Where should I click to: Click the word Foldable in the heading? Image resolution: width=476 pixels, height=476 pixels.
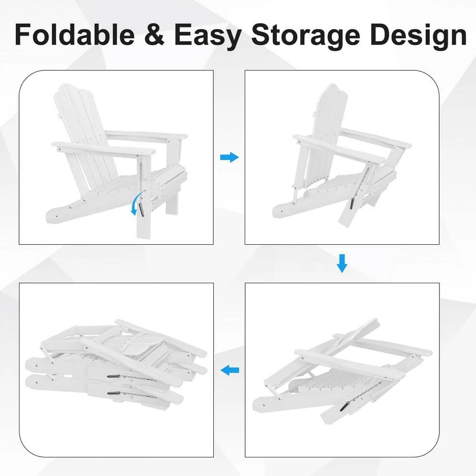(74, 35)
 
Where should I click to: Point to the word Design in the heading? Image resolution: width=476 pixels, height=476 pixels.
(418, 37)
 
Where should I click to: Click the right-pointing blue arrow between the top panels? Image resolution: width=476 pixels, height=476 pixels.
(229, 157)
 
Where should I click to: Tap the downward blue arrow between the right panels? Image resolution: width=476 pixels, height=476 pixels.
(342, 263)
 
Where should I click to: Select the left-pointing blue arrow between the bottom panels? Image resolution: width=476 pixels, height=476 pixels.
(229, 370)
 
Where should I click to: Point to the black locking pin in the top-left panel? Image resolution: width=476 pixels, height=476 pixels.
(142, 209)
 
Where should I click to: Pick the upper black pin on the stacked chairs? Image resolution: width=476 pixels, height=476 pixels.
(114, 376)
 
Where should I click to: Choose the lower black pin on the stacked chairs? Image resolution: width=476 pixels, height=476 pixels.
(114, 394)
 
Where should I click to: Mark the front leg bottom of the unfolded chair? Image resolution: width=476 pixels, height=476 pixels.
(143, 233)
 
